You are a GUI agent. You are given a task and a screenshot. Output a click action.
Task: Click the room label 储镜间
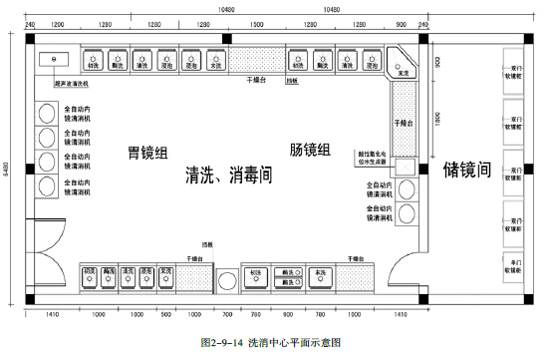click(467, 172)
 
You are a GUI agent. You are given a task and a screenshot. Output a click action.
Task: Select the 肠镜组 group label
click(310, 150)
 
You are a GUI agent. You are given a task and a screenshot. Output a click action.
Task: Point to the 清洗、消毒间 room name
click(229, 175)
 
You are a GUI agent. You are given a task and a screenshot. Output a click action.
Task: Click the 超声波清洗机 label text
click(71, 85)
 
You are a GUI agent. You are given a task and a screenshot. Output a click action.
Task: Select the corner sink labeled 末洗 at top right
click(404, 72)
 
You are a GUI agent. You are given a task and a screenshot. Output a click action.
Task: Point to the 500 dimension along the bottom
click(165, 313)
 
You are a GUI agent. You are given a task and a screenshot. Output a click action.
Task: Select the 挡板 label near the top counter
click(291, 79)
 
